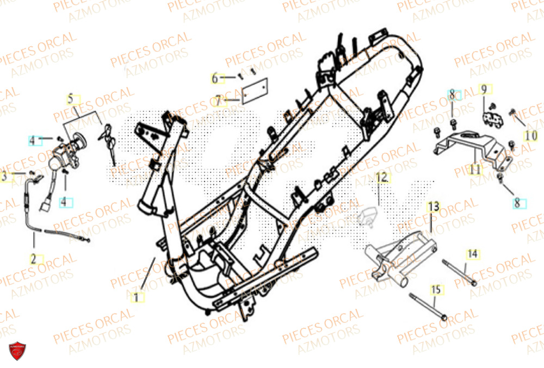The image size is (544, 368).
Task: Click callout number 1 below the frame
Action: (137, 297)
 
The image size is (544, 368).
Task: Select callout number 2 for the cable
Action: (33, 259)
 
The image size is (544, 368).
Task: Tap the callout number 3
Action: (4, 177)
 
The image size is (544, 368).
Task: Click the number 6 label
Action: (215, 78)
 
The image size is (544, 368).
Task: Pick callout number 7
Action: (218, 101)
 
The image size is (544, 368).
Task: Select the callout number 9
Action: (483, 89)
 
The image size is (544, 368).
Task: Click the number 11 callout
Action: (475, 170)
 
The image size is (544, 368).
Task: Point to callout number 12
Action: (381, 177)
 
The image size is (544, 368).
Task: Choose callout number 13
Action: (433, 207)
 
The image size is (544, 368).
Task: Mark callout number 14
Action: (472, 253)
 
